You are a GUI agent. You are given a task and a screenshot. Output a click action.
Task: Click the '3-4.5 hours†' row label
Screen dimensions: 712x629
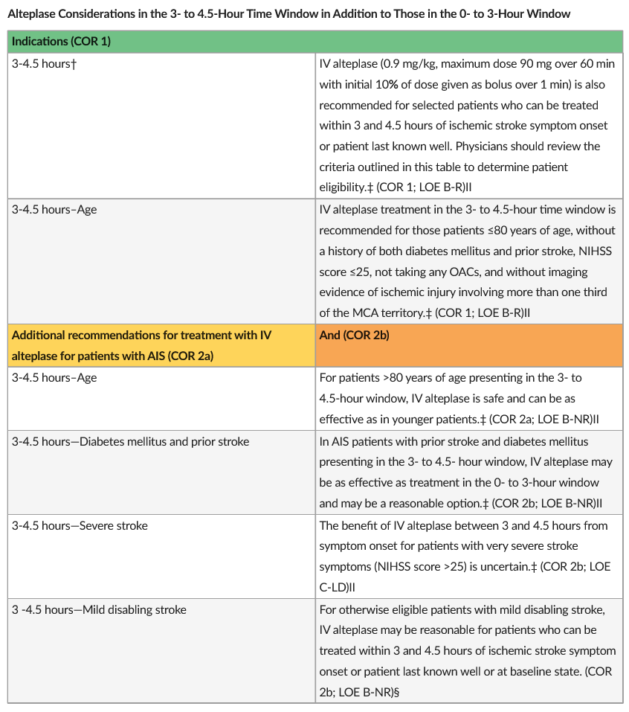click(45, 64)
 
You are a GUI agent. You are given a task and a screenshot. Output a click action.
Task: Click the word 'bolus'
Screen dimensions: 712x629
click(494, 85)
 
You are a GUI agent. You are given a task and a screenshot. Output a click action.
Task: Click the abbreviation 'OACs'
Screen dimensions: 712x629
click(474, 272)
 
